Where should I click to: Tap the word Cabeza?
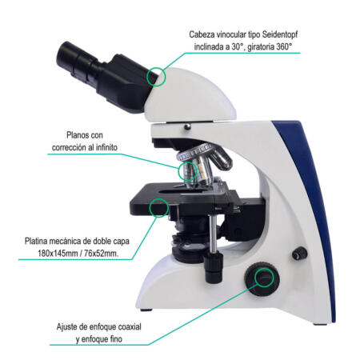click(x=204, y=34)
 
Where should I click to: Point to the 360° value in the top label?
click(x=290, y=48)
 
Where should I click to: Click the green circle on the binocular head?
click(x=157, y=77)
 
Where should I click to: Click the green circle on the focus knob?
click(x=263, y=278)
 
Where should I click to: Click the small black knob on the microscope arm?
click(x=299, y=254)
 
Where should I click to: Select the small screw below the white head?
click(x=187, y=126)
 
